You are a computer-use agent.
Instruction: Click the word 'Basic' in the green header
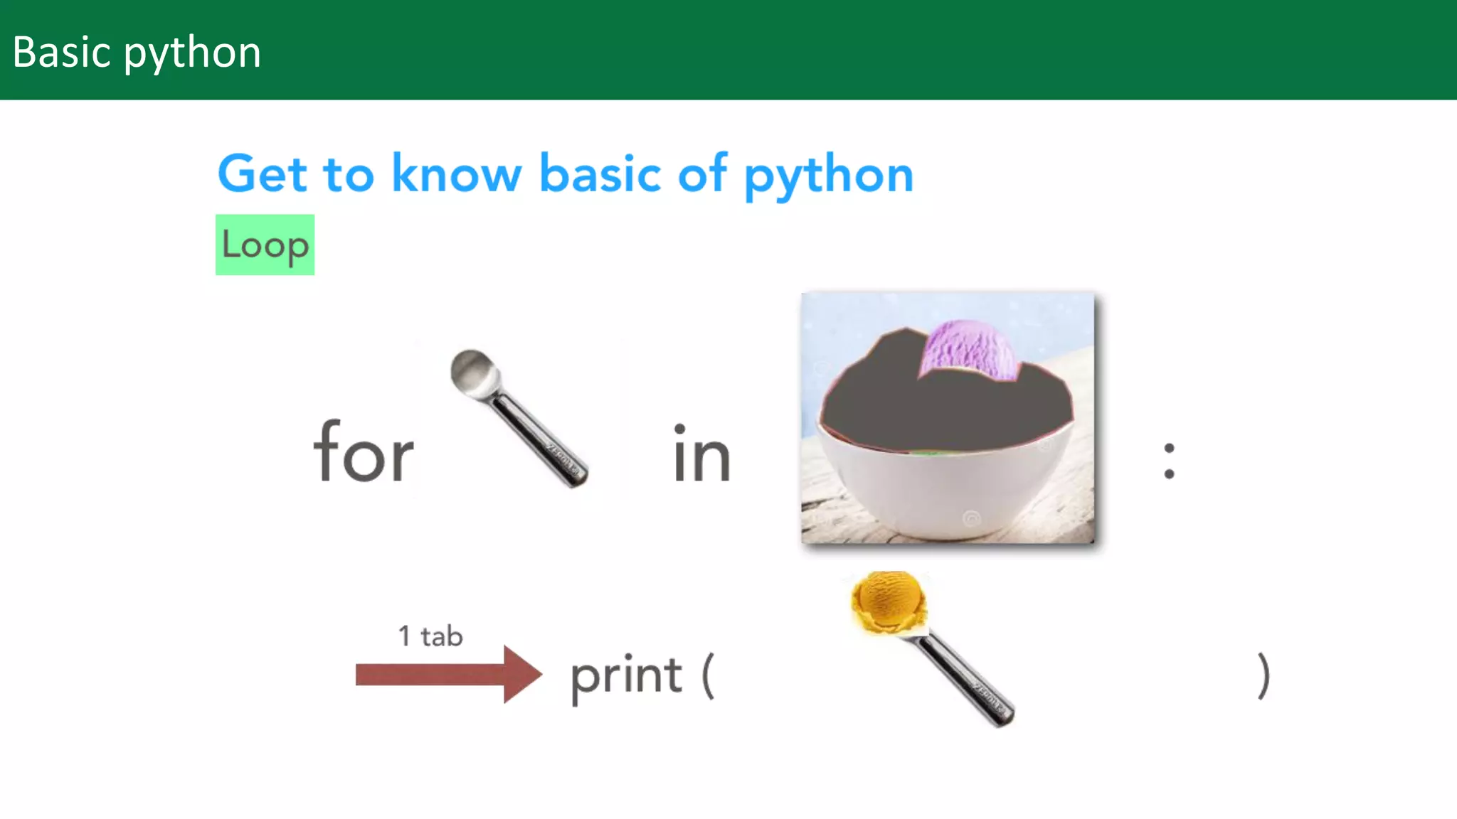click(x=62, y=53)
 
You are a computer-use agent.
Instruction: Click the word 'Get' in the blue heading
click(x=263, y=174)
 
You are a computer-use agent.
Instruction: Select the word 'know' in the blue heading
click(x=457, y=174)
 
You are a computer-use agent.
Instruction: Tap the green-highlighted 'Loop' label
click(x=265, y=245)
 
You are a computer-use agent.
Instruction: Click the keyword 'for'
click(x=364, y=453)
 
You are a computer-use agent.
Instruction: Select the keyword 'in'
click(x=701, y=455)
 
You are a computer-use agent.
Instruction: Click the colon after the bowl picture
click(x=1169, y=461)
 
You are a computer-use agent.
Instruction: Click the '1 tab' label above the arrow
click(x=430, y=636)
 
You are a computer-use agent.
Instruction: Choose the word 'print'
click(x=626, y=677)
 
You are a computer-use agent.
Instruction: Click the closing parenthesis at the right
click(x=1263, y=675)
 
